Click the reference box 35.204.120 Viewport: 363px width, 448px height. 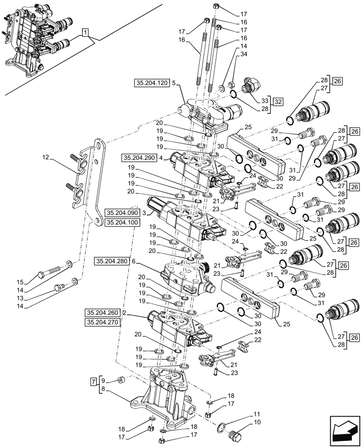[151, 83]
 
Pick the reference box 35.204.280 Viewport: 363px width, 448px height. [112, 260]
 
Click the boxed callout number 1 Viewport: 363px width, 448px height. [85, 32]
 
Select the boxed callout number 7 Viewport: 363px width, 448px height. [93, 382]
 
